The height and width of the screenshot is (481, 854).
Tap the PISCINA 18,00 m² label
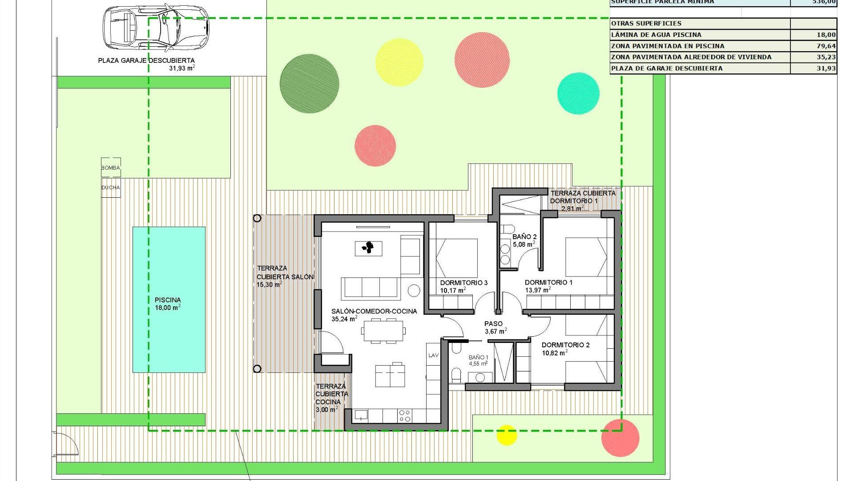point(168,304)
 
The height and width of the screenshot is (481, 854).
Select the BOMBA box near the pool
point(111,167)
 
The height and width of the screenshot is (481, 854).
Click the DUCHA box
point(111,188)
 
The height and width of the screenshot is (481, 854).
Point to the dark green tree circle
point(309,83)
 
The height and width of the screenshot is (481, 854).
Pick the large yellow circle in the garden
point(399,62)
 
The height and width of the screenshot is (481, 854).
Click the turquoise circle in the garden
point(578,94)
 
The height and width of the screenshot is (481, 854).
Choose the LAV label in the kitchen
point(433,355)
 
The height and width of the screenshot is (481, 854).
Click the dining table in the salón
point(383,331)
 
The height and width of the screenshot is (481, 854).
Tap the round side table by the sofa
point(414,290)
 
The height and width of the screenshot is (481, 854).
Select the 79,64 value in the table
point(826,46)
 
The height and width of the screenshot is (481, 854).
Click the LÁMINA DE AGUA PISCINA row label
point(656,35)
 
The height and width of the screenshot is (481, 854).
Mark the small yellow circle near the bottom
point(506,435)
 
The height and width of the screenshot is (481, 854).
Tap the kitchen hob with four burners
point(405,416)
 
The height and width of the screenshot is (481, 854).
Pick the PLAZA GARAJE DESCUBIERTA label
point(146,60)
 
